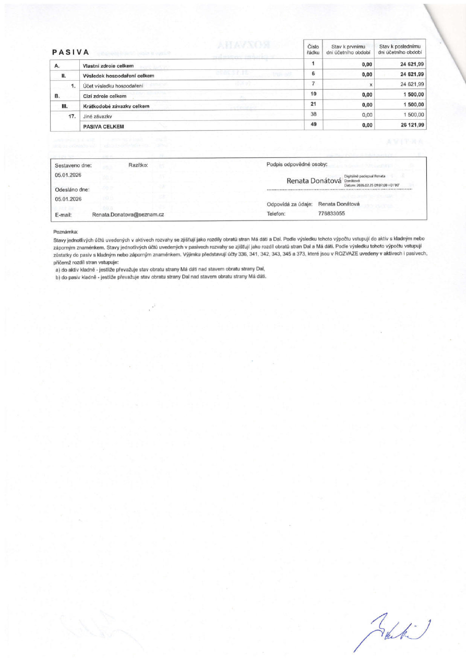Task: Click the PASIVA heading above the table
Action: [70, 53]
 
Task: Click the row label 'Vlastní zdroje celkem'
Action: [108, 66]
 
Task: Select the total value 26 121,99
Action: [411, 125]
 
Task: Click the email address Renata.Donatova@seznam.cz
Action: [128, 214]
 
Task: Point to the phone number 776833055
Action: [331, 214]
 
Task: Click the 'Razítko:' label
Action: [138, 165]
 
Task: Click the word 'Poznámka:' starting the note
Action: [65, 231]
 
